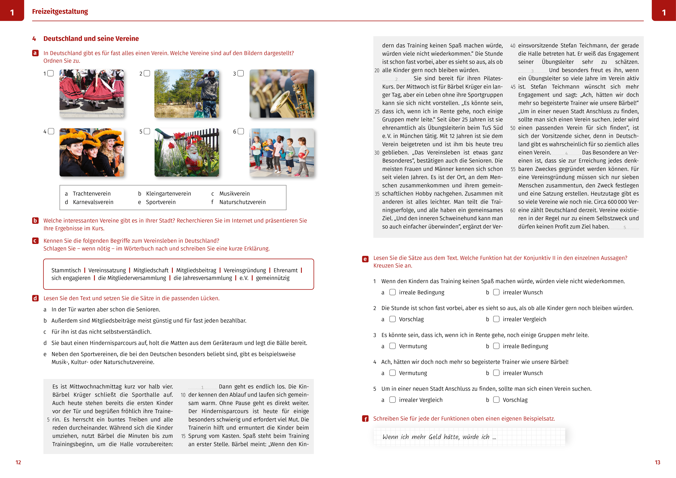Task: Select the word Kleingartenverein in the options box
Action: coord(168,194)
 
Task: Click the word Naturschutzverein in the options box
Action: coord(242,202)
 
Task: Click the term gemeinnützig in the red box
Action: coord(273,278)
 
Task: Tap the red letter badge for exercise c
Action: coord(35,241)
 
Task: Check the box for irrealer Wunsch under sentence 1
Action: coord(496,292)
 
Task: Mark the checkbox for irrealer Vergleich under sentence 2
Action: coord(496,319)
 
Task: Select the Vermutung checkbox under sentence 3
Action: coord(392,346)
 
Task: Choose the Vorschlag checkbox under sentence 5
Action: coord(496,400)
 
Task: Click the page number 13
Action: coord(657,462)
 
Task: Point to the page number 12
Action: coord(18,462)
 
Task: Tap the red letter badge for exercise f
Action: coord(365,419)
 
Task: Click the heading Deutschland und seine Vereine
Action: coord(91,39)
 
